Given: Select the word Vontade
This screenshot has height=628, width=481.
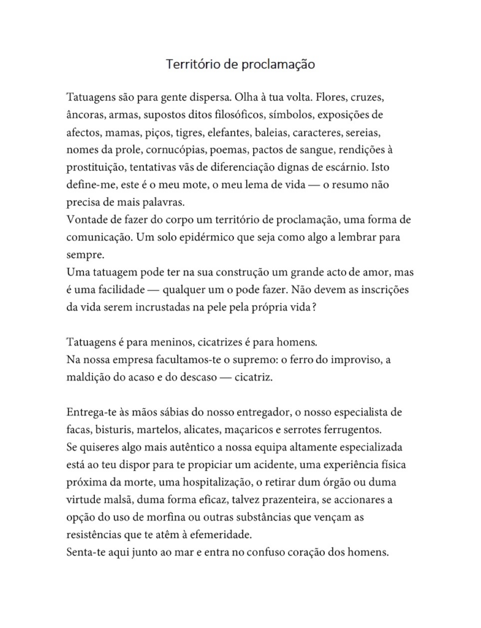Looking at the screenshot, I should pyautogui.click(x=87, y=219).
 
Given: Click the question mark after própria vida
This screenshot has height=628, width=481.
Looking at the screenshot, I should pyautogui.click(x=314, y=310).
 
